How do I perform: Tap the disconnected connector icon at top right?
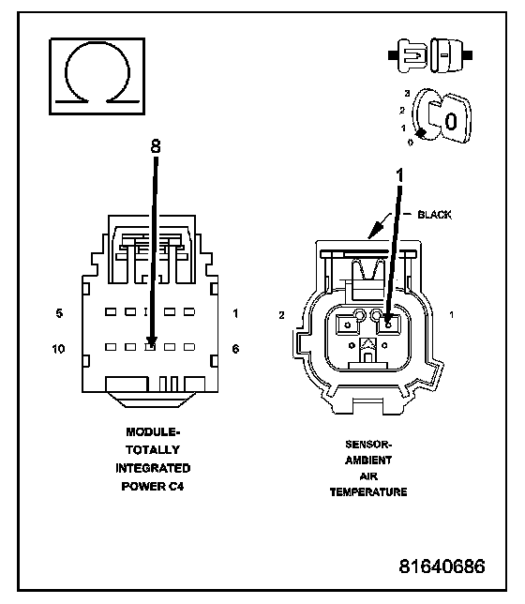[x=430, y=55]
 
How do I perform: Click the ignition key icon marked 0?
[x=442, y=115]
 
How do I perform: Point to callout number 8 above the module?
[x=156, y=146]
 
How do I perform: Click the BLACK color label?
[x=434, y=215]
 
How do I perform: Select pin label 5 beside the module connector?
[x=59, y=313]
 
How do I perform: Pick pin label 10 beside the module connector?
[x=58, y=349]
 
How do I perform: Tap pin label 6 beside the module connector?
[x=235, y=349]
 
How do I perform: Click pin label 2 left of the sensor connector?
[x=281, y=315]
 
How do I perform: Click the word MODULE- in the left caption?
[x=153, y=432]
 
